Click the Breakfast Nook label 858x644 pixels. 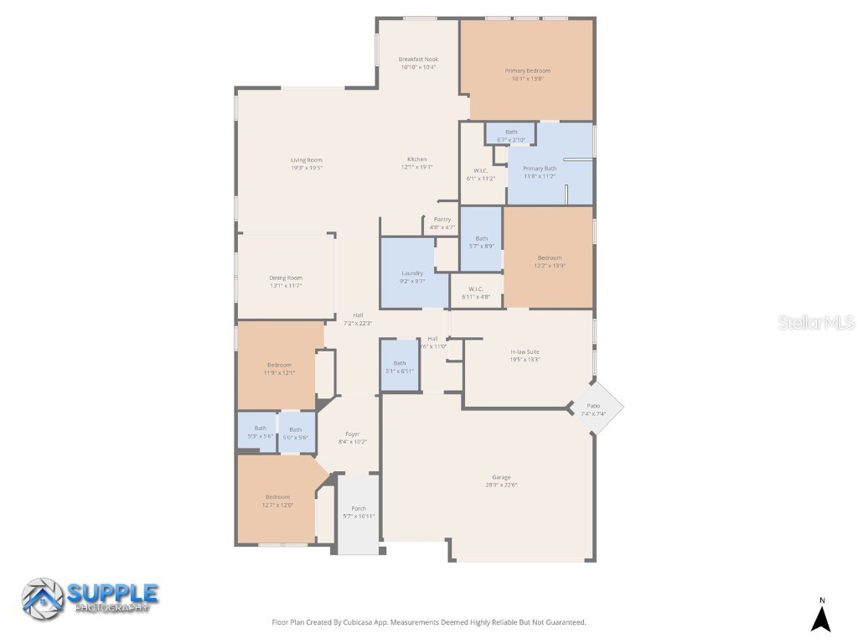pyautogui.click(x=418, y=60)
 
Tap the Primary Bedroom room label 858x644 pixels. pyautogui.click(x=527, y=71)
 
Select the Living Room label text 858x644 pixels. pyautogui.click(x=307, y=160)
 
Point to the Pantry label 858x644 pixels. pyautogui.click(x=442, y=220)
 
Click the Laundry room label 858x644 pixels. pyautogui.click(x=412, y=273)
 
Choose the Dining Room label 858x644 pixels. pyautogui.click(x=286, y=278)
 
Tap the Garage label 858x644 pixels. pyautogui.click(x=501, y=477)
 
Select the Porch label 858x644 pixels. pyautogui.click(x=359, y=508)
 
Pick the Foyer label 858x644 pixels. pyautogui.click(x=353, y=434)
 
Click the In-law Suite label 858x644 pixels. pyautogui.click(x=525, y=351)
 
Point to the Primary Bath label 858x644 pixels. pyautogui.click(x=540, y=169)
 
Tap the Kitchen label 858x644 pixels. pyautogui.click(x=417, y=159)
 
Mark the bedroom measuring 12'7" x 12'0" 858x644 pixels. pyautogui.click(x=277, y=501)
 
